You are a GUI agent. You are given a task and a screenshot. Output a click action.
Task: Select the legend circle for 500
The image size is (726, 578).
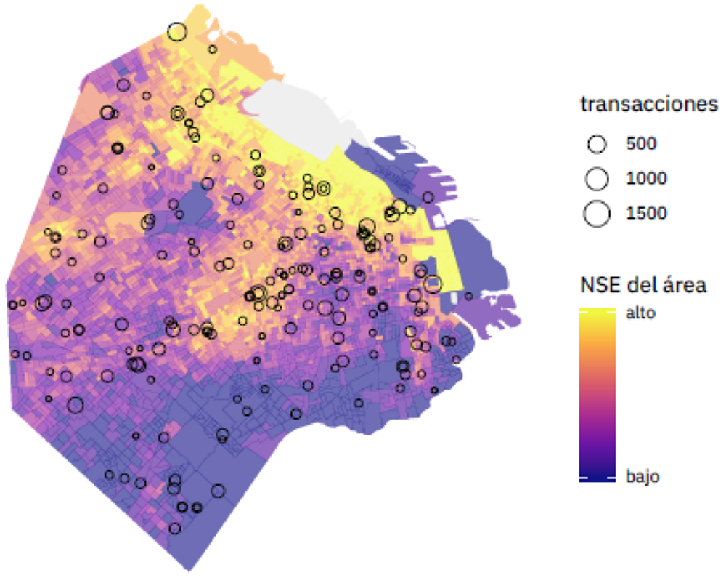pyautogui.click(x=597, y=144)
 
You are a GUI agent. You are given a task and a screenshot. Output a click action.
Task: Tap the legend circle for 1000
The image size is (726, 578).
pyautogui.click(x=597, y=177)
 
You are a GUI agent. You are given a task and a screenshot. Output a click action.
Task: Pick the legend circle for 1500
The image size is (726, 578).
pyautogui.click(x=597, y=212)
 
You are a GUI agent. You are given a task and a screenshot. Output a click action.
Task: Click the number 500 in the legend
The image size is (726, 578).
pyautogui.click(x=641, y=144)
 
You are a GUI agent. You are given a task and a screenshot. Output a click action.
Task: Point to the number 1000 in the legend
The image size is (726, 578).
pyautogui.click(x=645, y=177)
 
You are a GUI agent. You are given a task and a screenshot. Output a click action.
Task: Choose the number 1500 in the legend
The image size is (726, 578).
pyautogui.click(x=645, y=212)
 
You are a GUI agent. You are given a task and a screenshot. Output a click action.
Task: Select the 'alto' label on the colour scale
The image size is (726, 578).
pyautogui.click(x=640, y=313)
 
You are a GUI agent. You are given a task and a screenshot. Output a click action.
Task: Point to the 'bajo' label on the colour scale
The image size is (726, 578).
pyautogui.click(x=642, y=478)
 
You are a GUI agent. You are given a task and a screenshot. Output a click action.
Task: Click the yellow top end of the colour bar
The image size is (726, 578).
pyautogui.click(x=597, y=317)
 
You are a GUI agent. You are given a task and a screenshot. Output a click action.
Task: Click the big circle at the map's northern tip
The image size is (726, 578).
pyautogui.click(x=176, y=32)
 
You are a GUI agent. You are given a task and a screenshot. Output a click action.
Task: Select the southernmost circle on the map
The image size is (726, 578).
pyautogui.click(x=174, y=529)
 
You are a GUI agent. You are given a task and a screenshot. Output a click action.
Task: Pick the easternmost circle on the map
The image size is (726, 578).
pyautogui.click(x=468, y=296)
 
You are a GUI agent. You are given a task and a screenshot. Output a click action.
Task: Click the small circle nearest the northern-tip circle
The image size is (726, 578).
pyautogui.click(x=212, y=49)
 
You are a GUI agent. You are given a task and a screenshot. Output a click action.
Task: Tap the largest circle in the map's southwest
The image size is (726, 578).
pyautogui.click(x=76, y=406)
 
